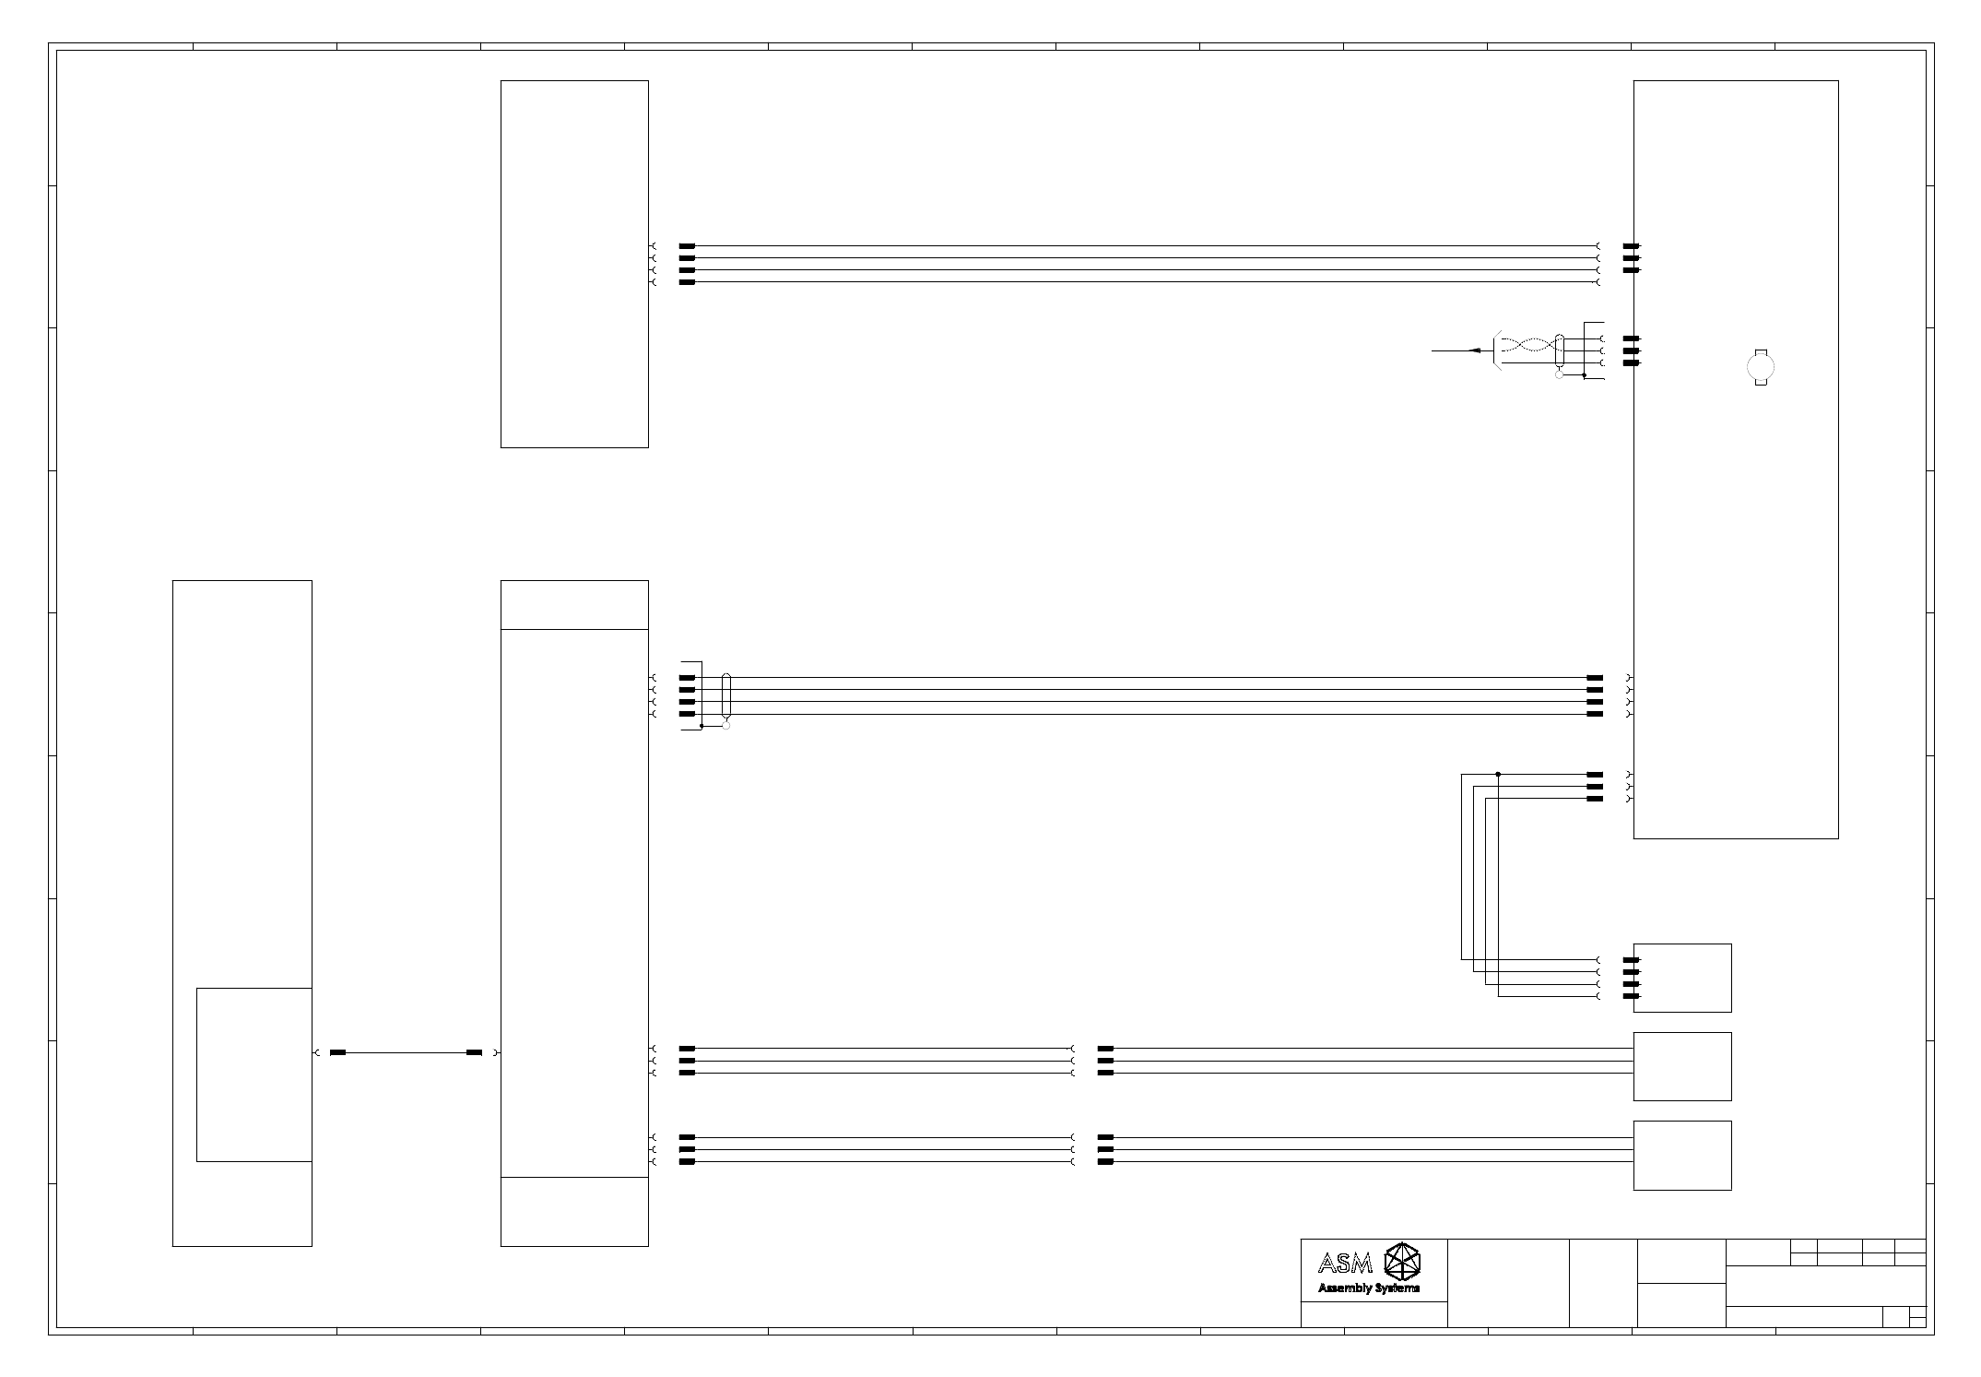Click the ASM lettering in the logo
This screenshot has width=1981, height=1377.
point(1345,1263)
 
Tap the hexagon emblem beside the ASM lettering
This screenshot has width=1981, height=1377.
point(1403,1261)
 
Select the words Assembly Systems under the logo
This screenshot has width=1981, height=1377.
point(1369,1288)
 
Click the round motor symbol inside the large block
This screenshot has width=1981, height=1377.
point(1761,368)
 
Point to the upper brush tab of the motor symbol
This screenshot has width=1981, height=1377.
point(1761,351)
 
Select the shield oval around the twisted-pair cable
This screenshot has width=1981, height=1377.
point(1559,351)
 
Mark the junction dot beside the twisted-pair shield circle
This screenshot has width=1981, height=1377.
point(1584,375)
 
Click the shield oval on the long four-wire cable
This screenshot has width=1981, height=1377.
point(726,695)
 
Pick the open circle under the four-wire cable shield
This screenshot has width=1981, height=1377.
point(726,726)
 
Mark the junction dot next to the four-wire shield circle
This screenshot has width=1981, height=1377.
point(702,726)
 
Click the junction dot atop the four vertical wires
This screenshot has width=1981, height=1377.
point(1498,774)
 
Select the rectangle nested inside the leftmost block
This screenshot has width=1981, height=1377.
point(254,1074)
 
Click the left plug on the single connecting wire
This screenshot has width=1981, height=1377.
point(337,1052)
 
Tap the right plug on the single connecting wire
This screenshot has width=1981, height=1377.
point(474,1052)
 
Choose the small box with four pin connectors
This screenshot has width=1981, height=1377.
point(1682,978)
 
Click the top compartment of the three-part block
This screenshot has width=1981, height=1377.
point(574,605)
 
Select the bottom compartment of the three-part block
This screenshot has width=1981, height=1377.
point(574,1212)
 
